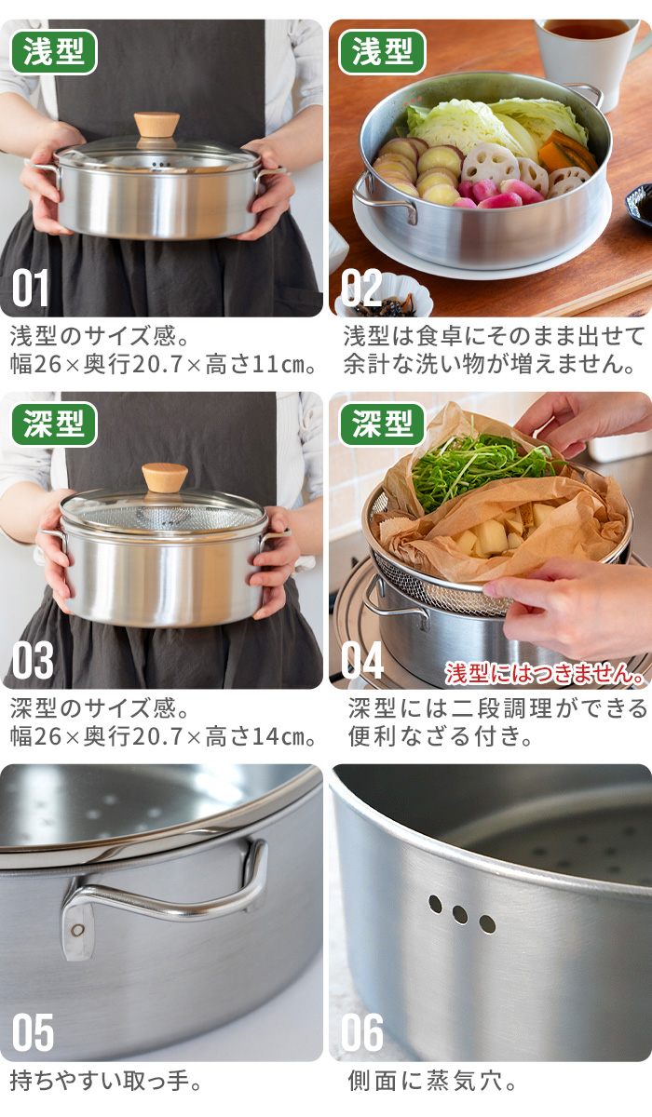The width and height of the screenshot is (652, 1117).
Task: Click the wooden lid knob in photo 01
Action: click(x=156, y=125)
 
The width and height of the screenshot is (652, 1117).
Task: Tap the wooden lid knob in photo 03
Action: click(x=165, y=478)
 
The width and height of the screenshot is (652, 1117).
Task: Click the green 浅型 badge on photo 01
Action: click(x=53, y=52)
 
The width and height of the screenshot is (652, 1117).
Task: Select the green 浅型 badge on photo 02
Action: click(x=382, y=52)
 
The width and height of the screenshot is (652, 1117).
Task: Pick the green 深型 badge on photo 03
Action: click(x=53, y=424)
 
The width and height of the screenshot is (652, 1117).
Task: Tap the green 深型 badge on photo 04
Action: click(x=382, y=424)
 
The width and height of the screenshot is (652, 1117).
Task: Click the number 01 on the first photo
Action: click(x=31, y=288)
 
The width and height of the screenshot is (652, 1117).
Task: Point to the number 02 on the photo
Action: click(x=361, y=288)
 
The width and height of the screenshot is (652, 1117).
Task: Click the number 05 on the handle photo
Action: click(x=33, y=1032)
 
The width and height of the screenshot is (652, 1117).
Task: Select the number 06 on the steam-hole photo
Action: click(x=362, y=1032)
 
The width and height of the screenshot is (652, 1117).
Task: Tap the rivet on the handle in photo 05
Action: click(x=77, y=930)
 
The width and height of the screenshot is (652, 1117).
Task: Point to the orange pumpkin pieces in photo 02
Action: click(x=567, y=151)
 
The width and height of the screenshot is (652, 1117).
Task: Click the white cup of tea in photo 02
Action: click(x=589, y=55)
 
